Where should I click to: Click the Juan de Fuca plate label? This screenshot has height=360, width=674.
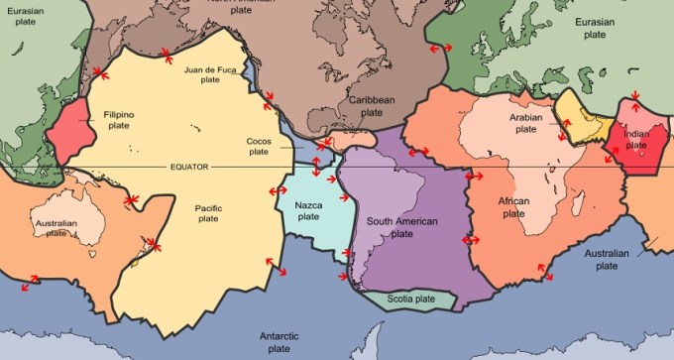click(208, 74)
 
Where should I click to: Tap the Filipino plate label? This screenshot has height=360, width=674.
click(118, 120)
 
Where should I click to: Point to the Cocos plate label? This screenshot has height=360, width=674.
click(258, 146)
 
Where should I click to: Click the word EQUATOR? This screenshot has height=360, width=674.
click(188, 167)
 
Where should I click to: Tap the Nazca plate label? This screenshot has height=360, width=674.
click(308, 210)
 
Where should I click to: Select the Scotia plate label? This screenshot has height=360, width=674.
click(409, 298)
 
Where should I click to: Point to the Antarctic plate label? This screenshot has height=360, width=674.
click(279, 342)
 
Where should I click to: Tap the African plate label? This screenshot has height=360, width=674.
click(513, 207)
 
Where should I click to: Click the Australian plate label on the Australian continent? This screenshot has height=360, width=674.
click(56, 229)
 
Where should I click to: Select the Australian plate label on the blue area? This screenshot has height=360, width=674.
click(607, 260)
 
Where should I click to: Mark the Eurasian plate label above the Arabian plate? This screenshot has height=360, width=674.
click(607, 28)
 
